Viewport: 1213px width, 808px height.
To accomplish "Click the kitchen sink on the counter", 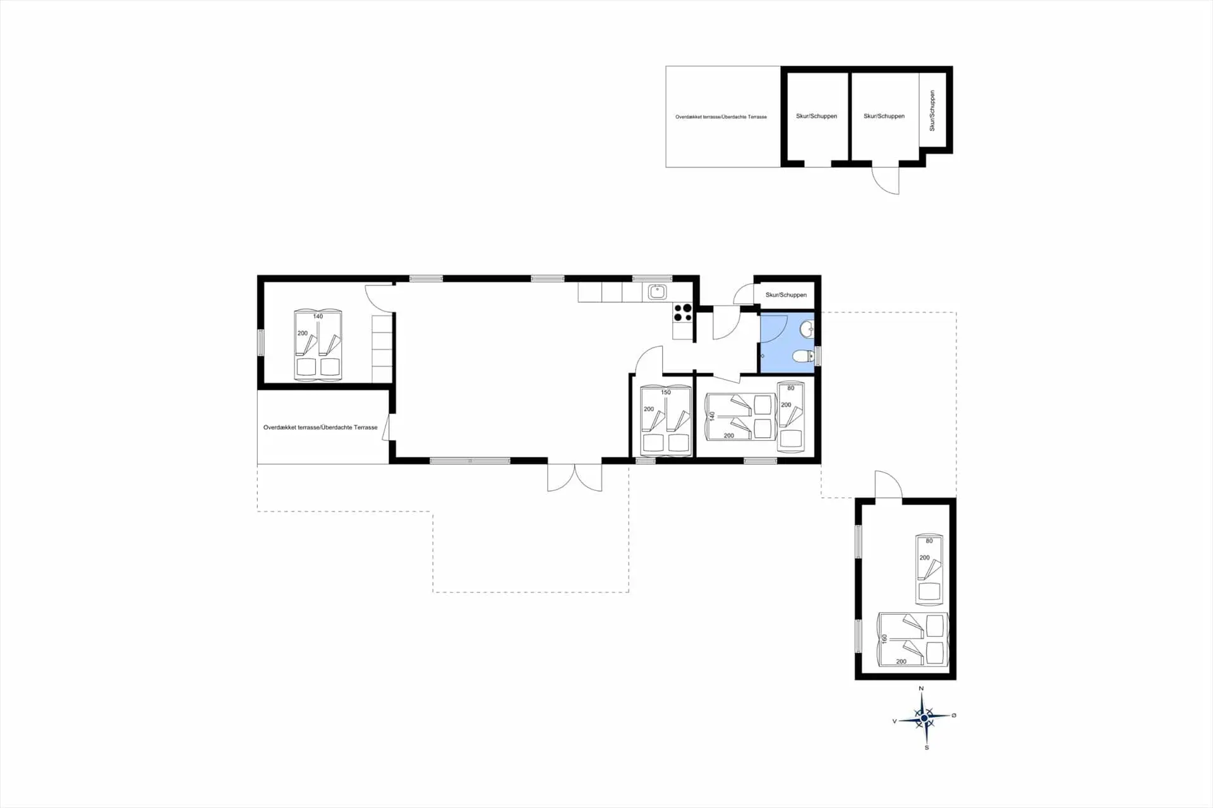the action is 657,292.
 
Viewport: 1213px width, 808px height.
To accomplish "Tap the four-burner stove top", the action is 682,313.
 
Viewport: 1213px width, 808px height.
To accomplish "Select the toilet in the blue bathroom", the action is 804,356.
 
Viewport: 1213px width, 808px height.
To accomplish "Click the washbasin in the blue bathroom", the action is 807,329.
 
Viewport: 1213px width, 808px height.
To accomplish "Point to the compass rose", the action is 924,718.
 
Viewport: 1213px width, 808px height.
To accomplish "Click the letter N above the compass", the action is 921,689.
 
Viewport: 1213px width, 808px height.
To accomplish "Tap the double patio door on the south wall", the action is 575,478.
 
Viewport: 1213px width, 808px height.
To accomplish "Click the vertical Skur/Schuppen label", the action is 932,111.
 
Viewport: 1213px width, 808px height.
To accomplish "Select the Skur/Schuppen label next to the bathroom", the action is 786,295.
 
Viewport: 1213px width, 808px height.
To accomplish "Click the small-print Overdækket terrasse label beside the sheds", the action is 721,117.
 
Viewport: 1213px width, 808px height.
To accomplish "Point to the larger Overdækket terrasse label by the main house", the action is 320,428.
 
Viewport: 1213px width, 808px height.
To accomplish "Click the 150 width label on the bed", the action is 666,392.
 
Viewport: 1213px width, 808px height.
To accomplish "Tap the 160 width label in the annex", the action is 884,639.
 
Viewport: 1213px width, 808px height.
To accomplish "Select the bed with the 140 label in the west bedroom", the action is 318,345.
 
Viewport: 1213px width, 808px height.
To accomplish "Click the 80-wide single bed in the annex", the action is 929,569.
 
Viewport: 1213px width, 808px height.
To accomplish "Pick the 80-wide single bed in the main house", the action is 791,417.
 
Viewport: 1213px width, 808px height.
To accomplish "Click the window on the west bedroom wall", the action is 260,343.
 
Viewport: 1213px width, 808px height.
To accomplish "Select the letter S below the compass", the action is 927,748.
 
